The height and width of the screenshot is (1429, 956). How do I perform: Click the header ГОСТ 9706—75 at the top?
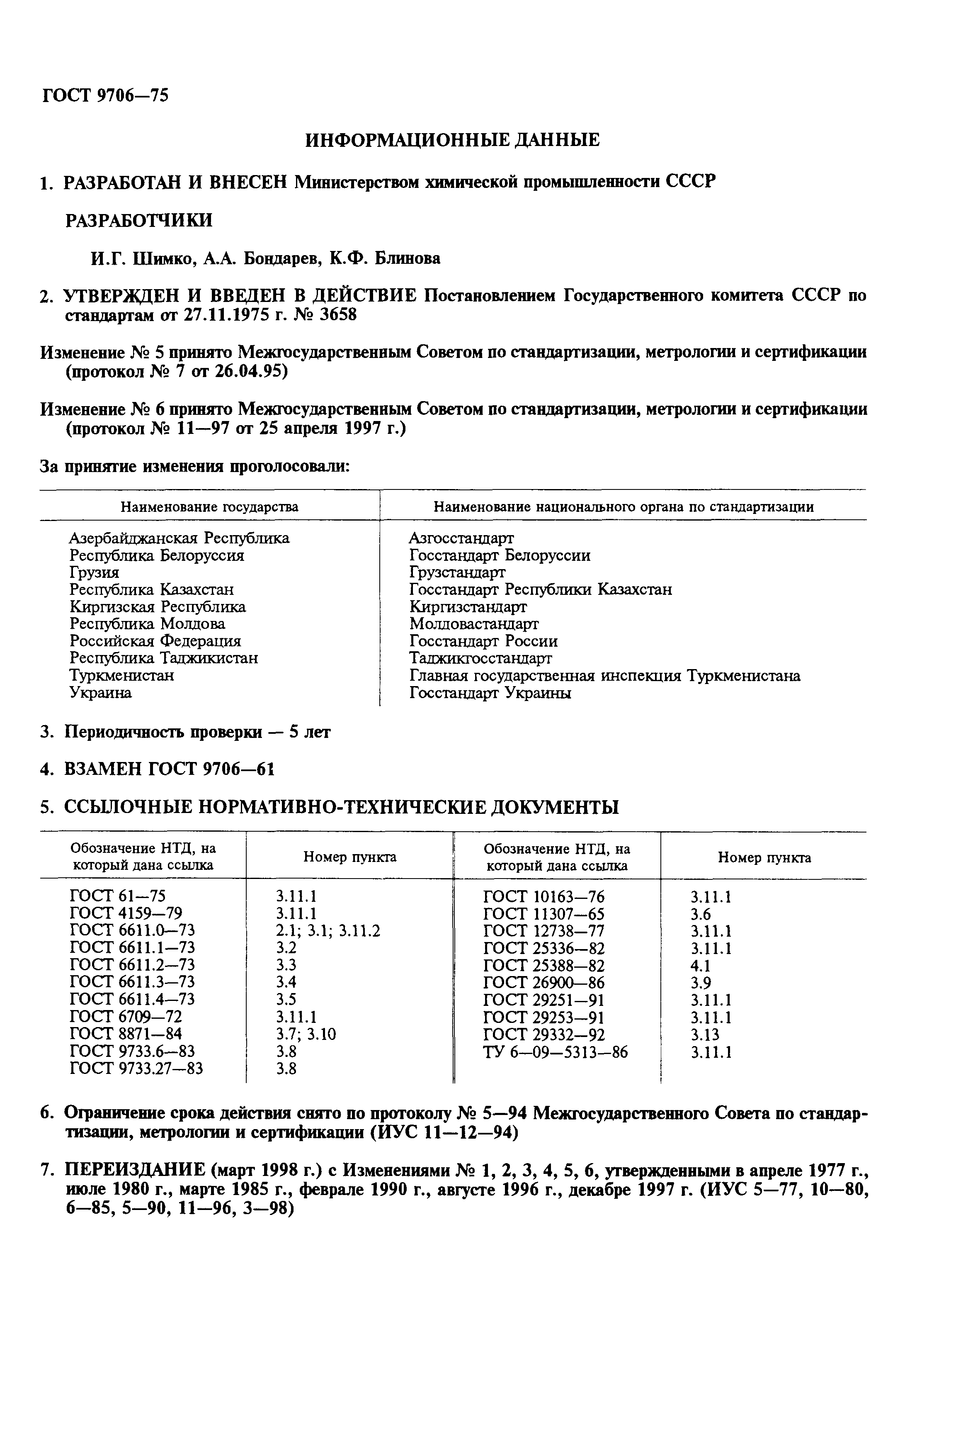pos(105,96)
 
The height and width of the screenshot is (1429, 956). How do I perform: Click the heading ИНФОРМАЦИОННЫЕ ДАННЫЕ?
pos(452,140)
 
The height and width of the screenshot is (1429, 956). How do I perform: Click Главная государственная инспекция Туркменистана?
pos(604,676)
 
